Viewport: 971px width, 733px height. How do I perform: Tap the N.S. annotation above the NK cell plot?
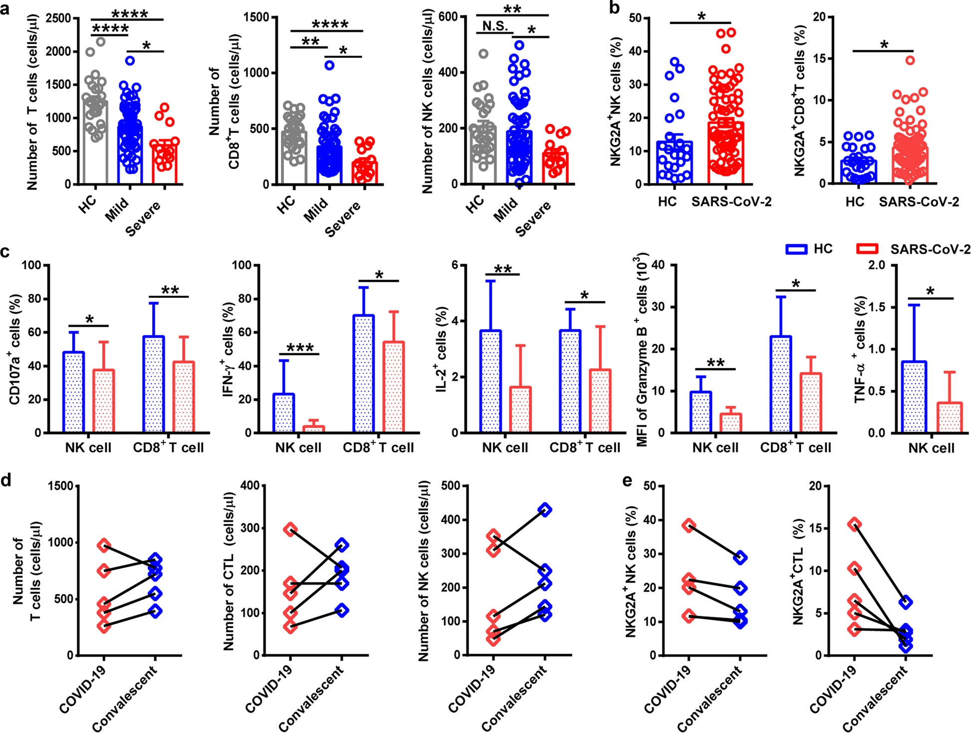coord(495,26)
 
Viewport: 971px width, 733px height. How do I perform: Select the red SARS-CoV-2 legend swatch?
coord(867,248)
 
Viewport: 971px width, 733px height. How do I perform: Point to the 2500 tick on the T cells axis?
coord(57,18)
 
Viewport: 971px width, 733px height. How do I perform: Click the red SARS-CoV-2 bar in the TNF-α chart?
coord(949,418)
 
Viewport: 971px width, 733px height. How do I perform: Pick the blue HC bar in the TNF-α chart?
coord(915,397)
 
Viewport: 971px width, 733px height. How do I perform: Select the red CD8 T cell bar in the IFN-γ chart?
coord(393,387)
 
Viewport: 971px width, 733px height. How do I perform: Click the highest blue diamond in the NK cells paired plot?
coord(545,509)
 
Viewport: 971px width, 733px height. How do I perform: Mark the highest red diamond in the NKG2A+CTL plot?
coord(855,524)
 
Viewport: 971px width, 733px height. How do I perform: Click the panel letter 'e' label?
coord(627,481)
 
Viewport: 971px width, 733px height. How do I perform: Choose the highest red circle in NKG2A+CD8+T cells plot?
coord(910,60)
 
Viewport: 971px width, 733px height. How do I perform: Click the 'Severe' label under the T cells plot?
coord(144,219)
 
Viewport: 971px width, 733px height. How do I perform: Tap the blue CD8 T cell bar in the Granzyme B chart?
coord(780,384)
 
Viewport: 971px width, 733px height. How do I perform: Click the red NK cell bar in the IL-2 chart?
coord(520,410)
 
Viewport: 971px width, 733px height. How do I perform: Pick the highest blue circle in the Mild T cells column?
coord(130,60)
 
